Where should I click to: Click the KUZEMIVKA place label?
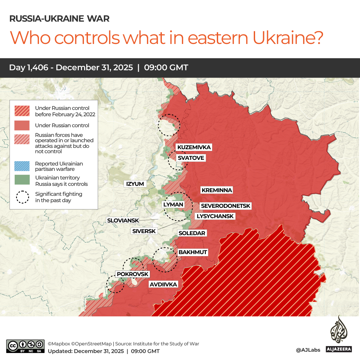194,148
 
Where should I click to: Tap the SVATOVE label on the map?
190,158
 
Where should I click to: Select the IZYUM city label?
135,184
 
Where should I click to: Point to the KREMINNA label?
216,190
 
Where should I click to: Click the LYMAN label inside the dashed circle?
174,204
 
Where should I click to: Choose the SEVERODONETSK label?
225,206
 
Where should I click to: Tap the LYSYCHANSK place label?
215,216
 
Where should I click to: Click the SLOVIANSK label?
122,220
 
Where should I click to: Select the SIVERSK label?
144,231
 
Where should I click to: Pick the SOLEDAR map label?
192,233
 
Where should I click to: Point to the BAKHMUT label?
192,252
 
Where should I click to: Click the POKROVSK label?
132,274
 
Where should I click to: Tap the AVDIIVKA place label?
163,284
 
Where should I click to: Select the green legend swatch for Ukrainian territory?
22,180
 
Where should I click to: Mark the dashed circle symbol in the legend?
22,197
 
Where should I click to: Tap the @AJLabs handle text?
308,350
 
